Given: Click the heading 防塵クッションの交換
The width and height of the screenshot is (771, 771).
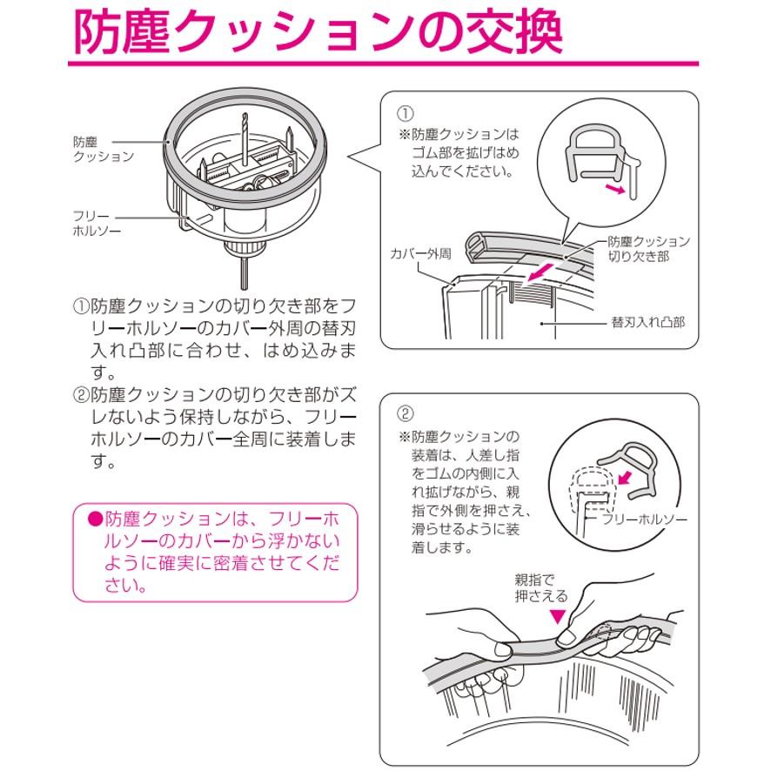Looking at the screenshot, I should click(318, 33).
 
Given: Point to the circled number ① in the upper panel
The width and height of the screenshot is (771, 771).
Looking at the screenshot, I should click(406, 113).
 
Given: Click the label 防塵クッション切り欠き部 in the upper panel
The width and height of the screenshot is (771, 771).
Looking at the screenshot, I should click(648, 249).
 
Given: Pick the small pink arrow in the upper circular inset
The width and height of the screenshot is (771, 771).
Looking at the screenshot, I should click(615, 189).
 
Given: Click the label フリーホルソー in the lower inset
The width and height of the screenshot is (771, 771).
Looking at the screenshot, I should click(645, 520).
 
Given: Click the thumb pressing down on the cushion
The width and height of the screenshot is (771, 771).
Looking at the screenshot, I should click(574, 633).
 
